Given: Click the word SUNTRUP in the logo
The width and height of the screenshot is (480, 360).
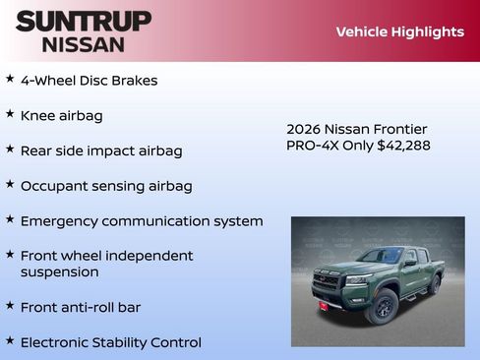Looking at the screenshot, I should pos(84,21).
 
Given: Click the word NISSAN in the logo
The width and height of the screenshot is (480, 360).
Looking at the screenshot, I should pos(84,44).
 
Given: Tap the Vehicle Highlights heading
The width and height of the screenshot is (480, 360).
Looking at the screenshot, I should pos(399,31).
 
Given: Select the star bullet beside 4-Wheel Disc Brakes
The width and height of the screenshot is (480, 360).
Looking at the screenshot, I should pos(10,78).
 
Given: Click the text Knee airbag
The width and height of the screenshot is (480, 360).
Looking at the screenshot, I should pos(61,116).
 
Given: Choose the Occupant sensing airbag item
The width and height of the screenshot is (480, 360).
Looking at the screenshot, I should pos(105,186).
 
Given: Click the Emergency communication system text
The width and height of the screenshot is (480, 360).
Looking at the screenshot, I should pos(141,221).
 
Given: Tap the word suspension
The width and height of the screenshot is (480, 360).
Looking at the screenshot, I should pos(59,271).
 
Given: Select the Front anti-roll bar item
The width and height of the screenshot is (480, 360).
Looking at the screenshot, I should pos(80,307).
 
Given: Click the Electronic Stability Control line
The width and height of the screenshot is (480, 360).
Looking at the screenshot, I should pos(110,342).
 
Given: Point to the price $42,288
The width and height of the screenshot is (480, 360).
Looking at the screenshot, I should pos(403,146).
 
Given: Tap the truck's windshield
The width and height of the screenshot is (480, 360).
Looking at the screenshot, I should pos(379,256).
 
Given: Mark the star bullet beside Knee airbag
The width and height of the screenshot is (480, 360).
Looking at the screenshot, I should pos(10,113).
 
